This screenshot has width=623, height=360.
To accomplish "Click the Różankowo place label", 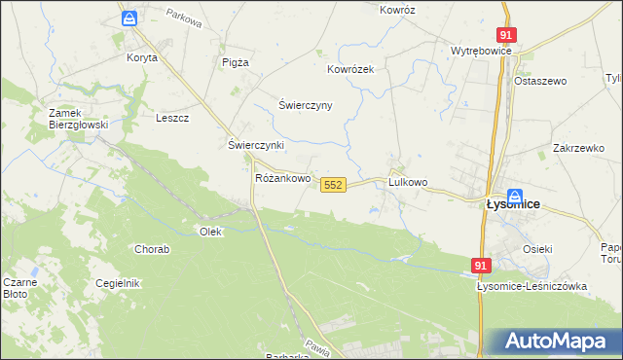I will (x=282, y=179).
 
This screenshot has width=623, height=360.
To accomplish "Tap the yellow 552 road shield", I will (x=333, y=184).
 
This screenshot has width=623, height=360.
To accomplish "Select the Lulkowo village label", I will (x=408, y=182).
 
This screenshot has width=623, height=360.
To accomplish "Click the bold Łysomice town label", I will (x=513, y=205).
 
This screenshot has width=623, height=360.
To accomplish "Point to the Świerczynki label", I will (x=255, y=145).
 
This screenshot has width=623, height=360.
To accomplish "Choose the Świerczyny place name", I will (x=306, y=105).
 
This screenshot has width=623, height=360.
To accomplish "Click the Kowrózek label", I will (x=350, y=70).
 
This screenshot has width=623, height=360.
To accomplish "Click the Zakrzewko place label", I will (x=578, y=148).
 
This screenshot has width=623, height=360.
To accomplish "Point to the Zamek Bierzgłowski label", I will (x=78, y=119).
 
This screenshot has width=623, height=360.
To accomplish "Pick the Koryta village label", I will (x=141, y=57).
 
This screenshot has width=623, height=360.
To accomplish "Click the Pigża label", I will (x=235, y=62).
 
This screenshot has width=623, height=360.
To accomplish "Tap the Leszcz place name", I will (x=172, y=118).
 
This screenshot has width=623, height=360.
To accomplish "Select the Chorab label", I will (x=152, y=249).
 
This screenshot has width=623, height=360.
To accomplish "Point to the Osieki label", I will (x=536, y=249).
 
